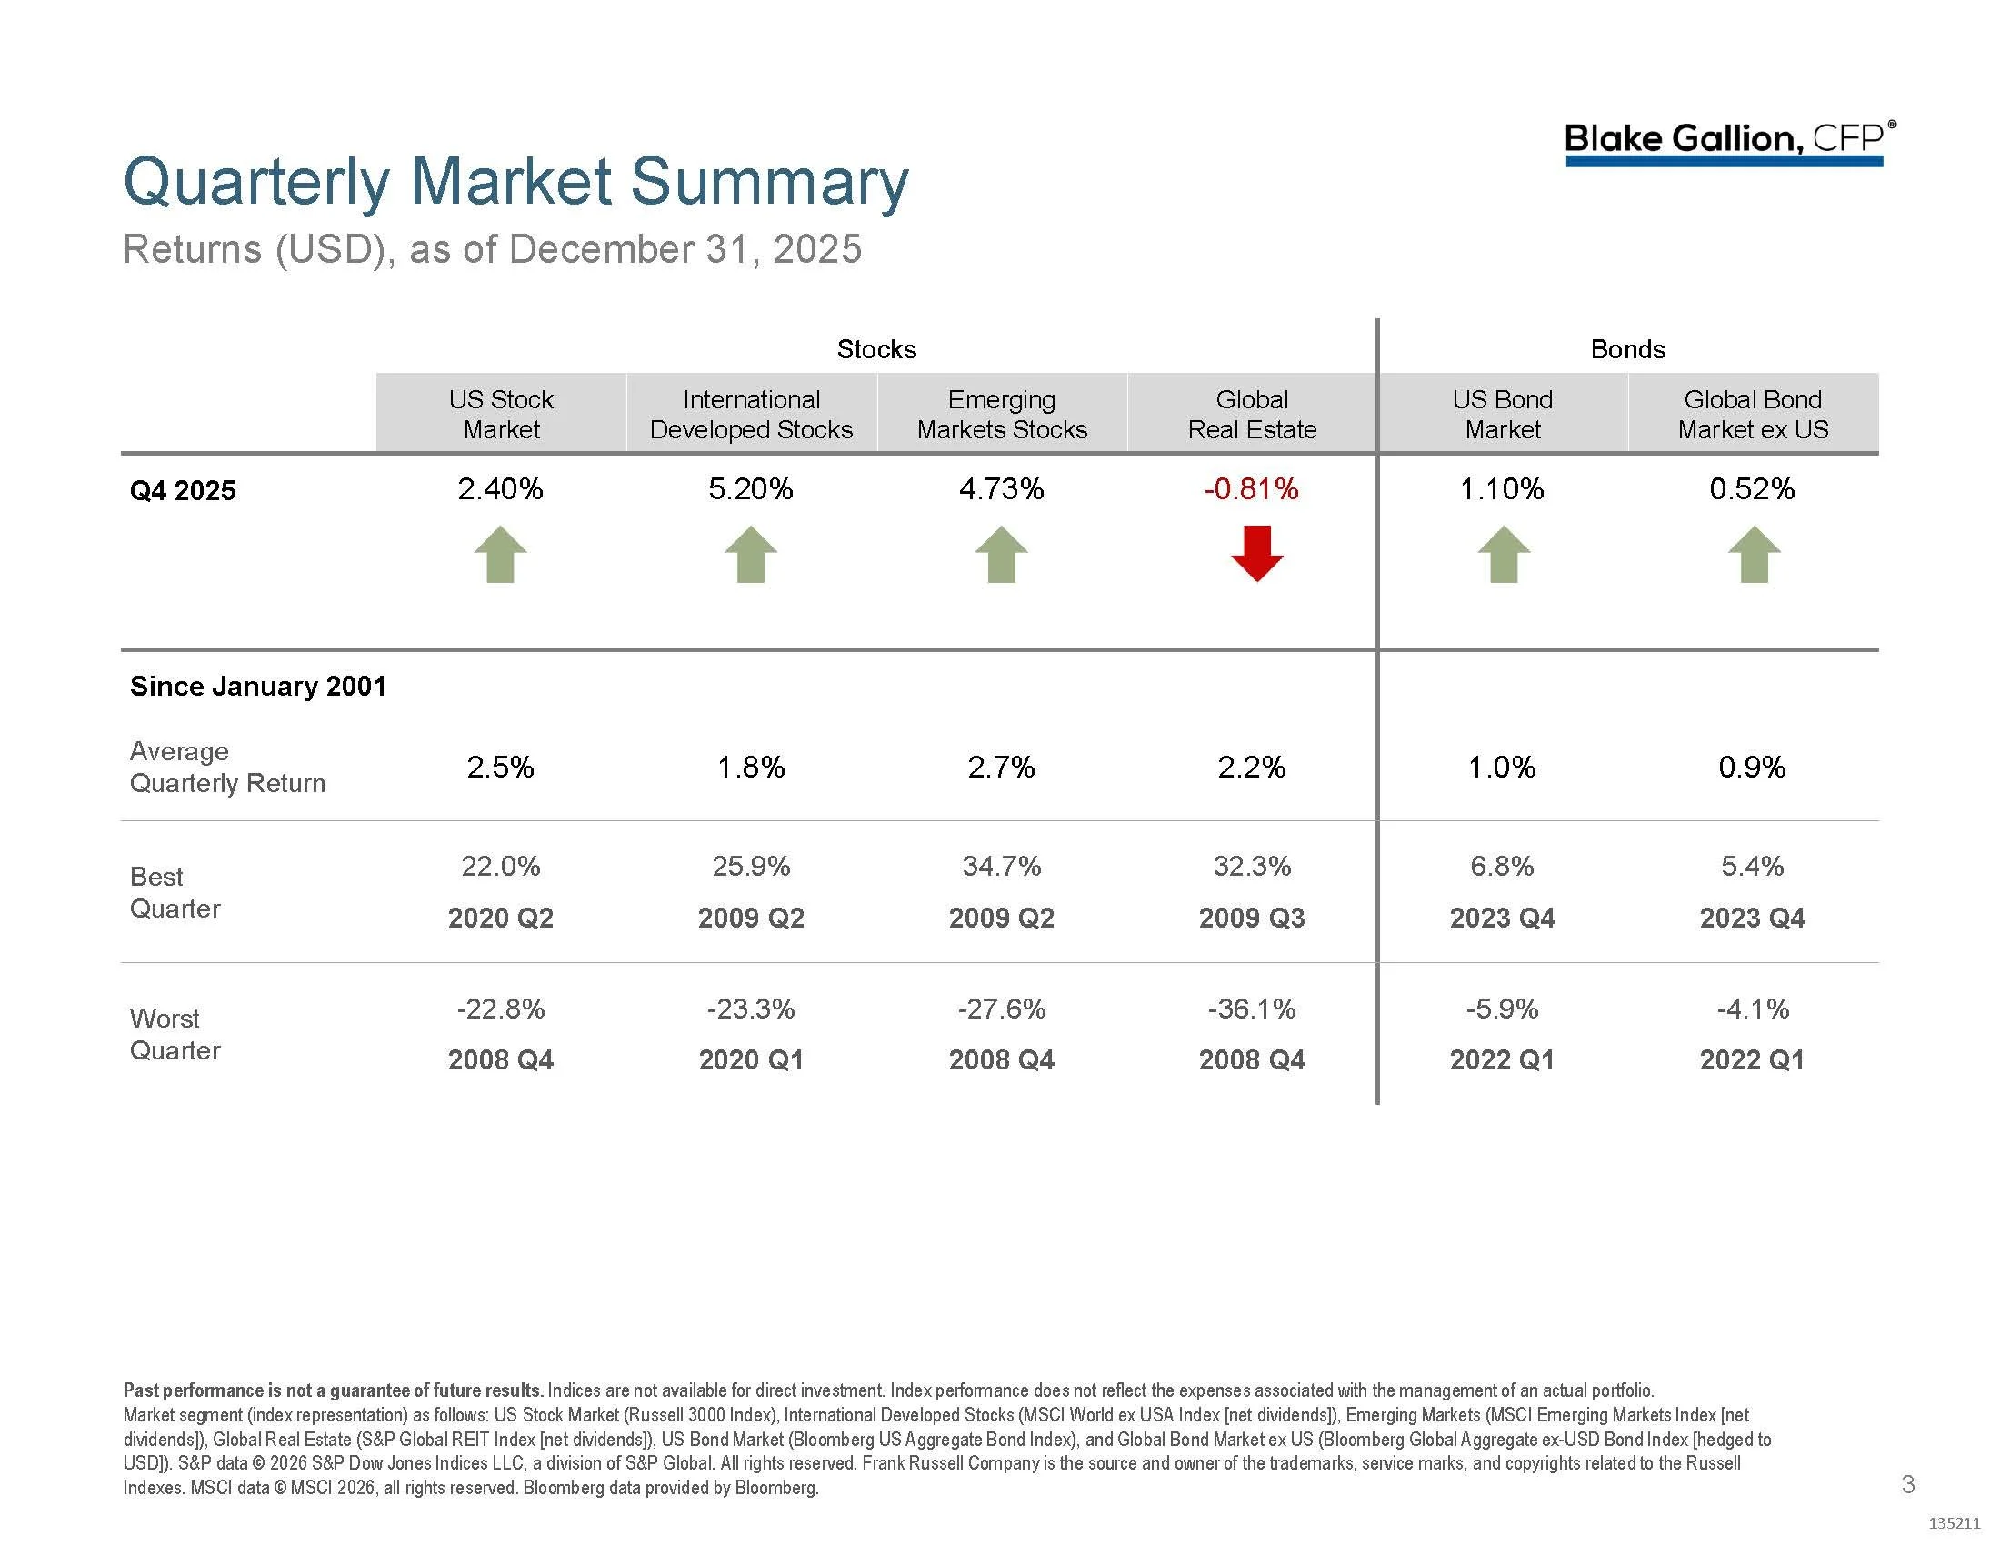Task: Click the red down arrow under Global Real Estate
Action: [1256, 554]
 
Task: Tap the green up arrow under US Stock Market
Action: [500, 555]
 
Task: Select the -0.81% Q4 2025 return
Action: [1251, 489]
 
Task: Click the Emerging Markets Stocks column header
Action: [1002, 414]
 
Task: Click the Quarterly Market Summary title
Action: [515, 181]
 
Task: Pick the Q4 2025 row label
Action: [183, 491]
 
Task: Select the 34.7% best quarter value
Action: [1001, 866]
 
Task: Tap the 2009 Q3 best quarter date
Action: [1251, 918]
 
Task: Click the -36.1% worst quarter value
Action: [1251, 1009]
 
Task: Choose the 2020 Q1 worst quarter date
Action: [751, 1059]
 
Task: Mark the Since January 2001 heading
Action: [258, 686]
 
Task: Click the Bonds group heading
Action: [1627, 349]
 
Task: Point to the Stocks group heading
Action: [876, 349]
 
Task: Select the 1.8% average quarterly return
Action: [751, 767]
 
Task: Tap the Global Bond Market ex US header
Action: [1752, 414]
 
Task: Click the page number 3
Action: [1907, 1485]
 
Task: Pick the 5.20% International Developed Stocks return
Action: [750, 489]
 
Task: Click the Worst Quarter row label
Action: [175, 1034]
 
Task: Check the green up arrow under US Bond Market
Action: [1503, 555]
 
